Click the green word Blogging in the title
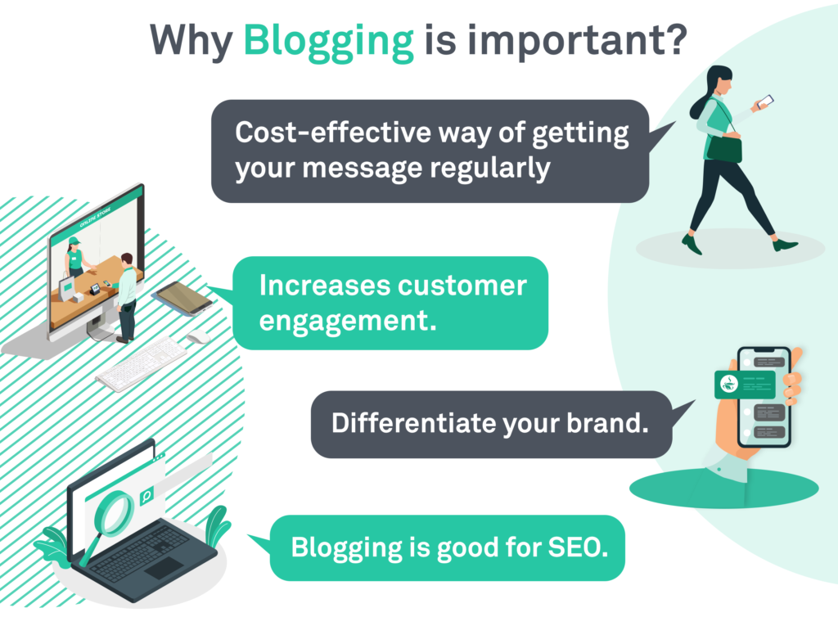pyautogui.click(x=330, y=41)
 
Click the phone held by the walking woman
pyautogui.click(x=764, y=101)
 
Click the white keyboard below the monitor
pyautogui.click(x=142, y=363)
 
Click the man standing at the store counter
pyautogui.click(x=126, y=295)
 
